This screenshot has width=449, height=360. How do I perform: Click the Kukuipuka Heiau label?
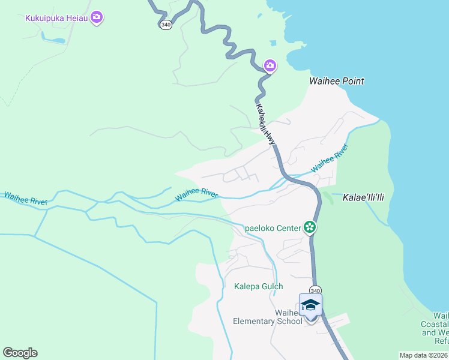(56, 18)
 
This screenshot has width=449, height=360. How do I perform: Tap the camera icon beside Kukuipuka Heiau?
(97, 17)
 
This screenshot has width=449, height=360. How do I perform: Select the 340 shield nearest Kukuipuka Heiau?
(166, 25)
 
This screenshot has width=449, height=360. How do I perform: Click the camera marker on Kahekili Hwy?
(270, 65)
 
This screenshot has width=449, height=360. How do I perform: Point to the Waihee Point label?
(337, 81)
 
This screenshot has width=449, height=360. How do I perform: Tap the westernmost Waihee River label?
(26, 199)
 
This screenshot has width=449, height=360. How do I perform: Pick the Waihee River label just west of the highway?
(196, 194)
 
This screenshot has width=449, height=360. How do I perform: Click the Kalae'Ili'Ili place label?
(363, 197)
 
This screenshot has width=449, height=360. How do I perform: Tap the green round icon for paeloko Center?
(310, 227)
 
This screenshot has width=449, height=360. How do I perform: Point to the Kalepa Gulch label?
(258, 286)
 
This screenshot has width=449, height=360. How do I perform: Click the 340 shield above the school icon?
(316, 289)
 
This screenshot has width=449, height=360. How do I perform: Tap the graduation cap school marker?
(310, 305)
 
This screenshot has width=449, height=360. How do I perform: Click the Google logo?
(20, 353)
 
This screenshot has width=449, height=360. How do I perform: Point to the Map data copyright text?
(423, 355)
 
